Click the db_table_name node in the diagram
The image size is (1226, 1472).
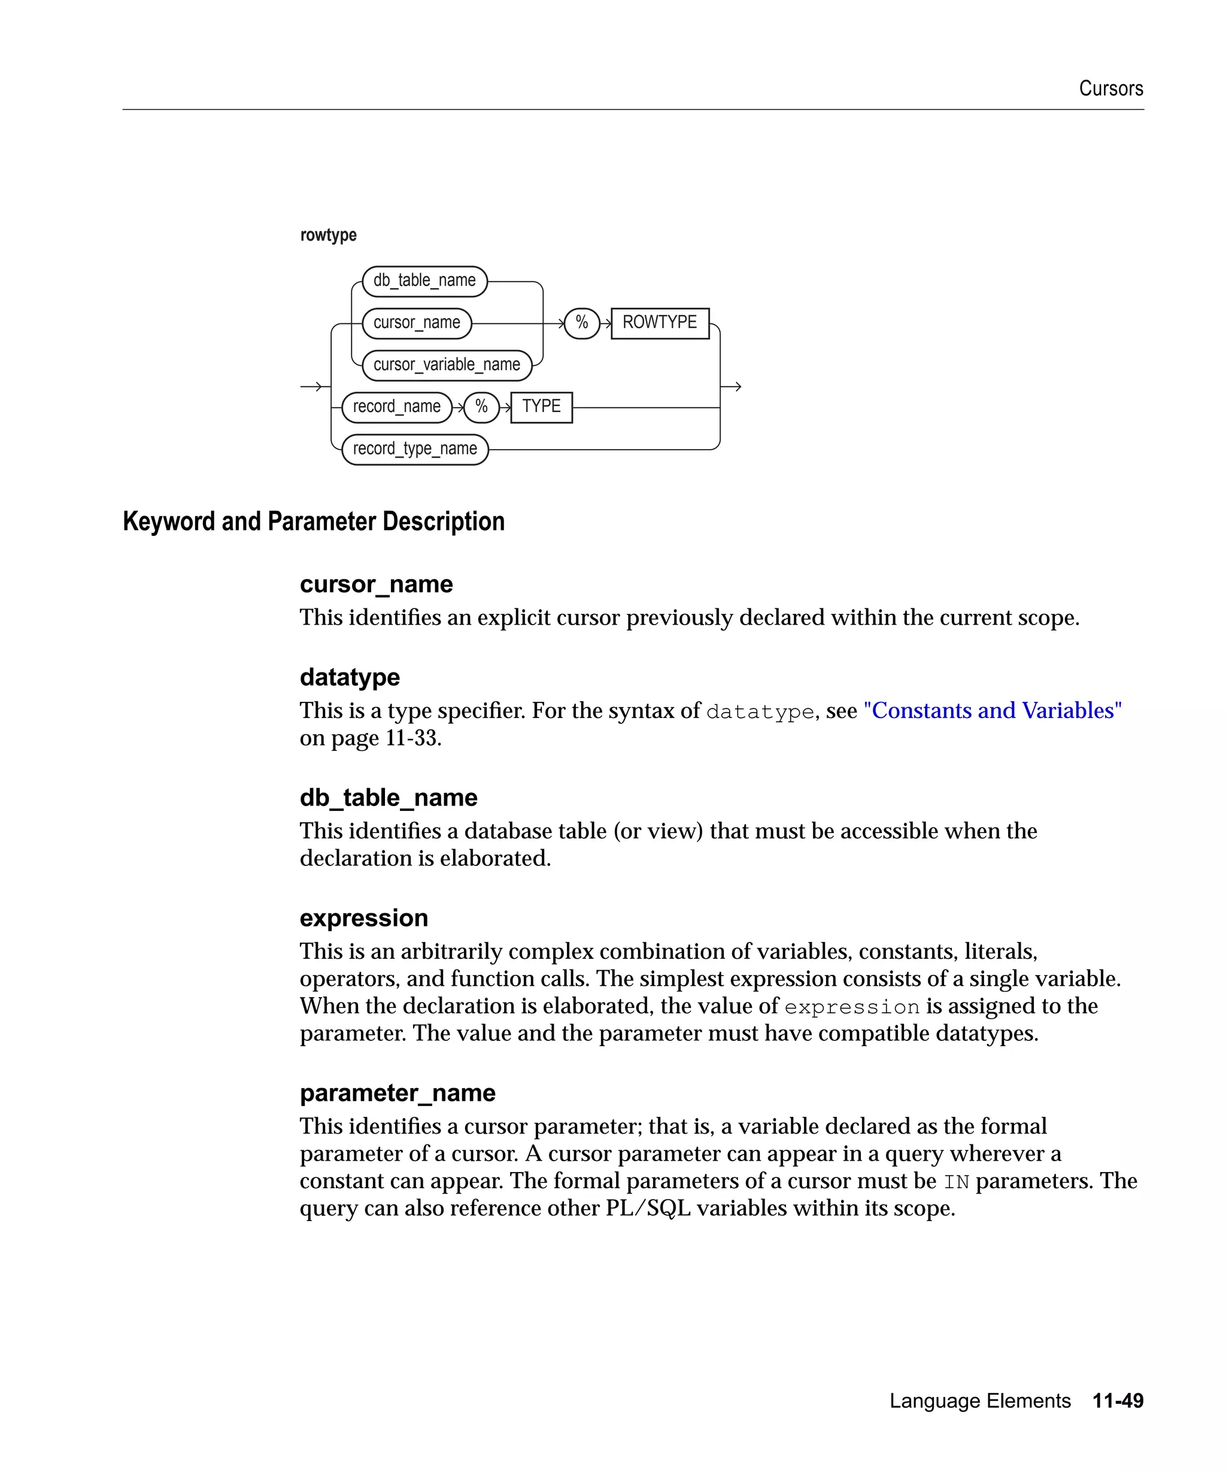424,281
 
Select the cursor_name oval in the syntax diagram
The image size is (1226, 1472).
416,323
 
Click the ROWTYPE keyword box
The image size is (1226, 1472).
659,323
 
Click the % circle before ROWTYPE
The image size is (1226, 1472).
581,323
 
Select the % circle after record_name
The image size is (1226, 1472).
481,407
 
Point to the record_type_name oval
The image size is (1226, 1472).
415,449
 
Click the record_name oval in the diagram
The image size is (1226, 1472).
396,407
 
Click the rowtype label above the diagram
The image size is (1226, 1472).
328,235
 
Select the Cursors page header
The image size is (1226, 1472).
1110,88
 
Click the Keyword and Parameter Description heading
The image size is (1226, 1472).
313,522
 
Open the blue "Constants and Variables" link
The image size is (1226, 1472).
992,711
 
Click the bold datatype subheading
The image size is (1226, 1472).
350,677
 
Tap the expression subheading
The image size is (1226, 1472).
363,917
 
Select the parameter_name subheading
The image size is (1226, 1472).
397,1093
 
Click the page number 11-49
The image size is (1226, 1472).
1118,1401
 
